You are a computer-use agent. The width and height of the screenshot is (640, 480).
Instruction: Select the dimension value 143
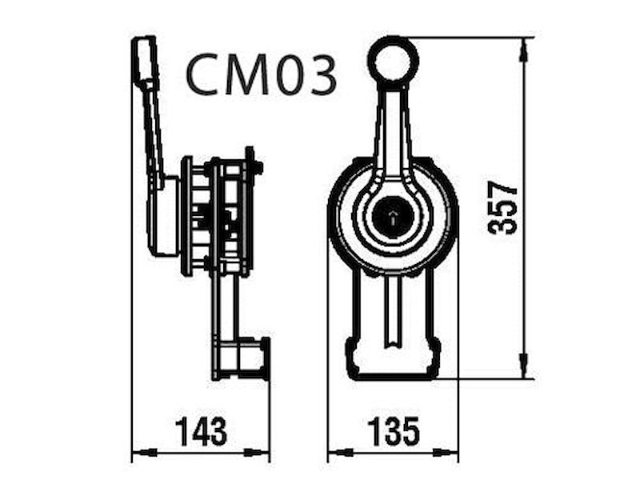coord(201,431)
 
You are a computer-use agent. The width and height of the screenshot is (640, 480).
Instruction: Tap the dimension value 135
coord(394,431)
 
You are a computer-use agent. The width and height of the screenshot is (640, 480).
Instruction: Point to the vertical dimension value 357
coord(502,209)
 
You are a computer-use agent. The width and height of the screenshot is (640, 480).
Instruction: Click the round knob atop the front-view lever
coord(393,60)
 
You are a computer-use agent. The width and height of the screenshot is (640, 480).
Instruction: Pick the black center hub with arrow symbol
coord(393,216)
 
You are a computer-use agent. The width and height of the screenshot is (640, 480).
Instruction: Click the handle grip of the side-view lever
coord(146,61)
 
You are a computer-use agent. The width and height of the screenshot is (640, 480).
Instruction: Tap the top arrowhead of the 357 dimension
coord(524,50)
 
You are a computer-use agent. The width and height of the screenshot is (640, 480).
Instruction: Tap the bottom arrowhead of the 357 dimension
coord(524,366)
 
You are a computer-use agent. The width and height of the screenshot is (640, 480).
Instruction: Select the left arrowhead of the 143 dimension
coord(145,453)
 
